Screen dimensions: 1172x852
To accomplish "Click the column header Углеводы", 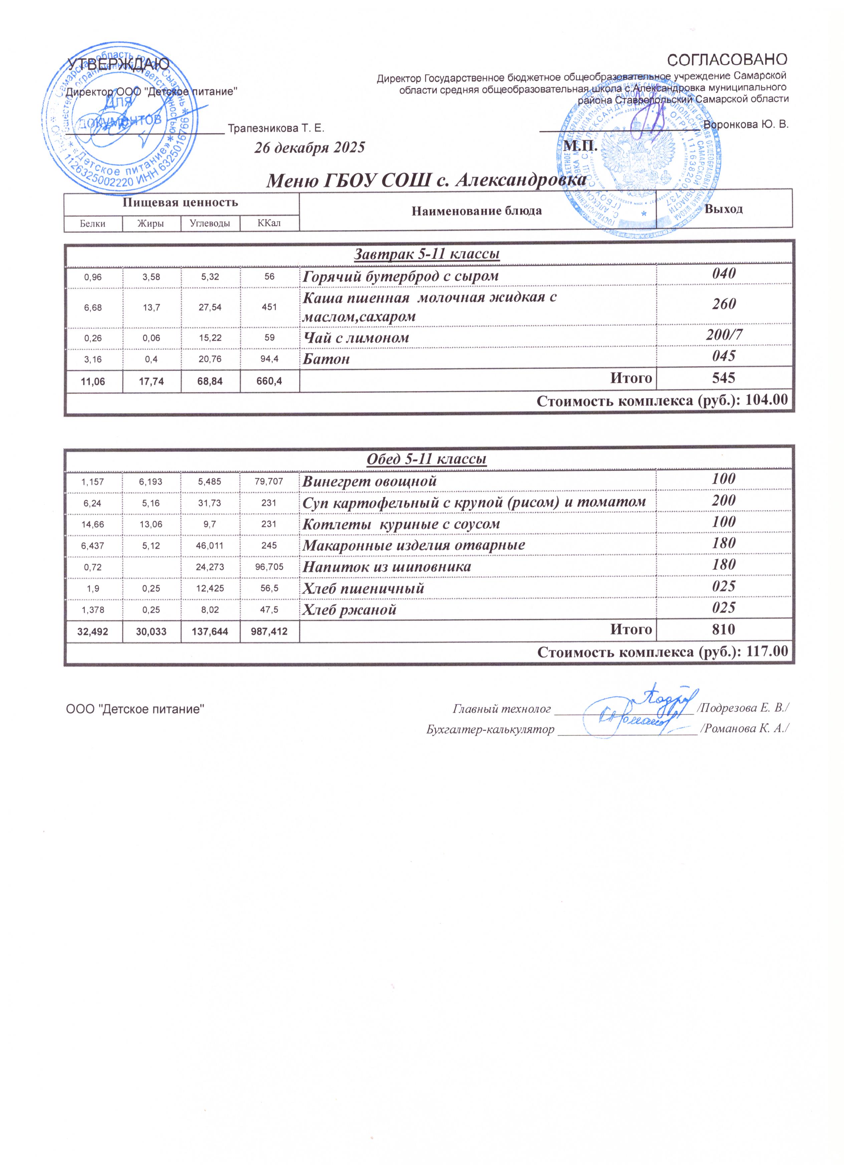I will click(210, 223).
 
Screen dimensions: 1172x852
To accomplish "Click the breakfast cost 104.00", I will click(767, 400).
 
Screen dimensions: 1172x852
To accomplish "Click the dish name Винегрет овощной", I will click(370, 481).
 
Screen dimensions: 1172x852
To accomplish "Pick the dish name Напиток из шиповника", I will click(387, 567).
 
